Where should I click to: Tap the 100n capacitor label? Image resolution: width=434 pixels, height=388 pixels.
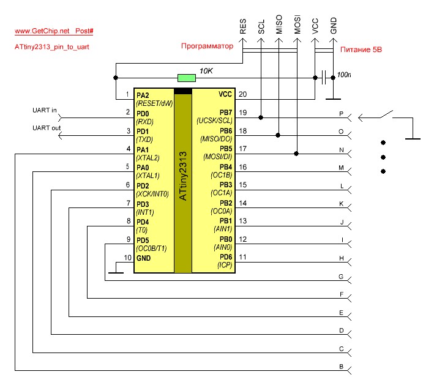coord(345,75)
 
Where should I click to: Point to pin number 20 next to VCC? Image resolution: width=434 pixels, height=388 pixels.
coord(242,94)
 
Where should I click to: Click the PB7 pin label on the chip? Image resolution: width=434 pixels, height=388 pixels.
coord(225,113)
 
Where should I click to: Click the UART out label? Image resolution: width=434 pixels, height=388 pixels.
coord(46,128)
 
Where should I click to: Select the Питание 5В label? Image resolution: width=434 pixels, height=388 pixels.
coord(361,49)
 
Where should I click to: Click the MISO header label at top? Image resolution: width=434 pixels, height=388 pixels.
coord(279,25)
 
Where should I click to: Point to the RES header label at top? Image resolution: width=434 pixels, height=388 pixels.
coord(243,26)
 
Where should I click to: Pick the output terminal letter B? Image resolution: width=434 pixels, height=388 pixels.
coord(341,367)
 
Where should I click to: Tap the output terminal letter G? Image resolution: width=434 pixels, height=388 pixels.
coord(341,277)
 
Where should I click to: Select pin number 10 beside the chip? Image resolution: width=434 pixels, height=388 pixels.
coord(127,258)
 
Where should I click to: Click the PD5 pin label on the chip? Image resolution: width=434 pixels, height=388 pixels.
coord(143,240)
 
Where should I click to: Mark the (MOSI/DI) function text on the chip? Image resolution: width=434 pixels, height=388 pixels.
coord(217,157)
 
